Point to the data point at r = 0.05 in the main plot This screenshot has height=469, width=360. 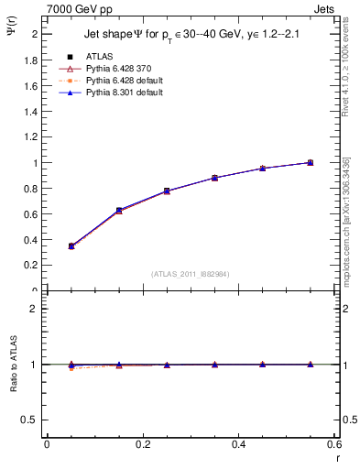click(x=71, y=245)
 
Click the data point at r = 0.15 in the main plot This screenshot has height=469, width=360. click(x=119, y=211)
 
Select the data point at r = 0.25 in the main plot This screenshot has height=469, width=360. click(x=167, y=191)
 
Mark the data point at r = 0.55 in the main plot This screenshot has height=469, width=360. click(x=310, y=162)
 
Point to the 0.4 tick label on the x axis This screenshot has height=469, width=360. click(x=238, y=444)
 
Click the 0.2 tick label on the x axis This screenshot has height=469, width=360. click(x=142, y=444)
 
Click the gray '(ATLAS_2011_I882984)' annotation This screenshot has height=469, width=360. click(x=191, y=275)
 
